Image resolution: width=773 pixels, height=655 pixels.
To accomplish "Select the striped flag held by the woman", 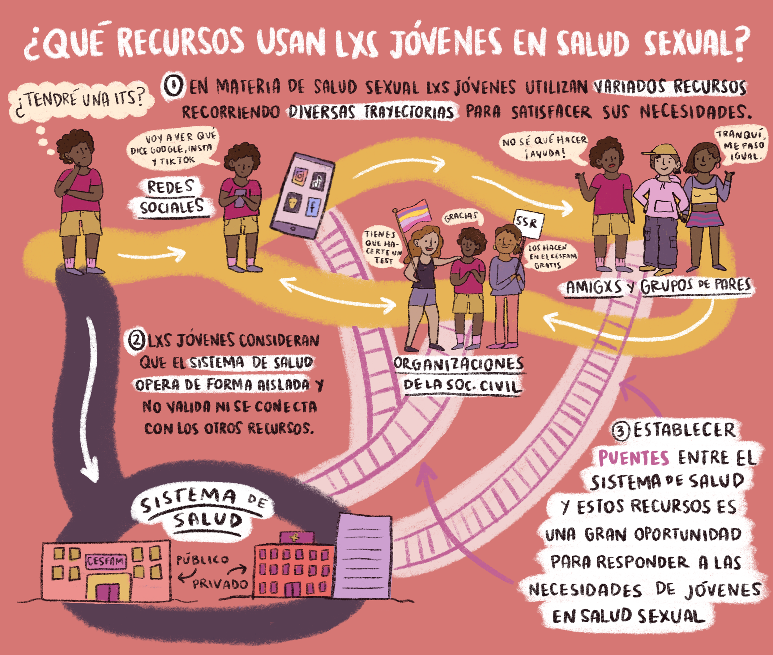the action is click(412, 215).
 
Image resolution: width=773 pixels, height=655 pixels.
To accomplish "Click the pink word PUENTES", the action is click(634, 458).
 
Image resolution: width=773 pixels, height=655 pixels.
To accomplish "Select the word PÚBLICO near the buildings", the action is click(203, 559).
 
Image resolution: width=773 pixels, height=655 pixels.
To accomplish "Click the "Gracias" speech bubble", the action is click(461, 217).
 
